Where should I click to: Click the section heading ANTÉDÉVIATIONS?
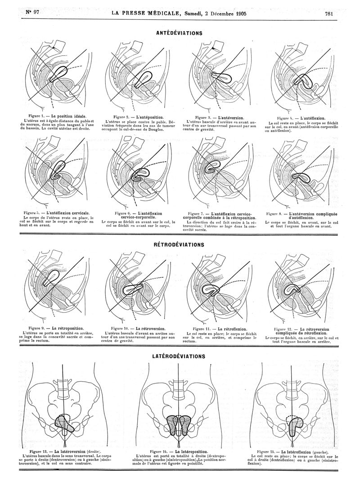point(179,33)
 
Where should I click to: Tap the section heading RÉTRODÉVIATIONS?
point(179,245)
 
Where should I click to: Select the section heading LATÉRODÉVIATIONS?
point(179,356)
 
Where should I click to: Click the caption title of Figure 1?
point(69,116)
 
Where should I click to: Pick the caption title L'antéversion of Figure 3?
point(231,117)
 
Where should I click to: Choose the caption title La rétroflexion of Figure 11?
point(231,329)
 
